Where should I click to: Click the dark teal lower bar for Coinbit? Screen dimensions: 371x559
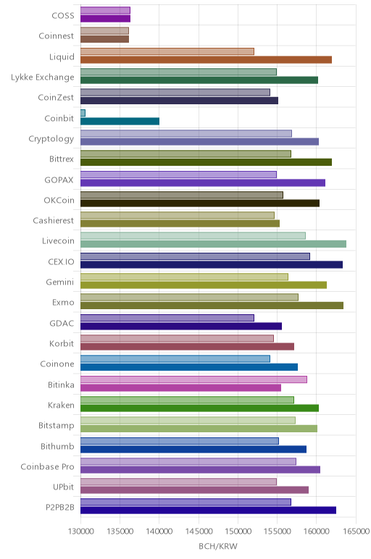click(120, 121)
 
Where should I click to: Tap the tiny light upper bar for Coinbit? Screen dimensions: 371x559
click(83, 113)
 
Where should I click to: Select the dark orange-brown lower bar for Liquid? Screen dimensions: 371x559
click(207, 59)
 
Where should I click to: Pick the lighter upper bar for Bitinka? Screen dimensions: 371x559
click(193, 379)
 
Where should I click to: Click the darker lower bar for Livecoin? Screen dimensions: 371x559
click(213, 244)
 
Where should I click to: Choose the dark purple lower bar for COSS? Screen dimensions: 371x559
click(105, 19)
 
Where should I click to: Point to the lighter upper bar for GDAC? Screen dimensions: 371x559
click(167, 318)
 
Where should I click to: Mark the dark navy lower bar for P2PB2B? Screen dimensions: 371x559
click(209, 510)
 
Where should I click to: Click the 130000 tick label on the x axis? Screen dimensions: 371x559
click(80, 531)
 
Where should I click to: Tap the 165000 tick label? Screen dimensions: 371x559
click(356, 531)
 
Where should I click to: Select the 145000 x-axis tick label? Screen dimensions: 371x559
click(199, 531)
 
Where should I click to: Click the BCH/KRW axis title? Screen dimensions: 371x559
click(218, 546)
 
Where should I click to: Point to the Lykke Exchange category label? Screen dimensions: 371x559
click(43, 77)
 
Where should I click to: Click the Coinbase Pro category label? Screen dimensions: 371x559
click(47, 466)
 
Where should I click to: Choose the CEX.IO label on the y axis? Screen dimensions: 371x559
click(62, 261)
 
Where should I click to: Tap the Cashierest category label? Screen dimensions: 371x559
click(54, 221)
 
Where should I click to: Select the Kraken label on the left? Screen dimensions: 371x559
click(62, 405)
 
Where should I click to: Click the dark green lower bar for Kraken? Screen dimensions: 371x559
click(200, 408)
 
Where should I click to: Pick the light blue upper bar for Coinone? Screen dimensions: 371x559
click(175, 359)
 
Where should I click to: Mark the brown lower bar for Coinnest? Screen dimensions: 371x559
click(104, 39)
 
